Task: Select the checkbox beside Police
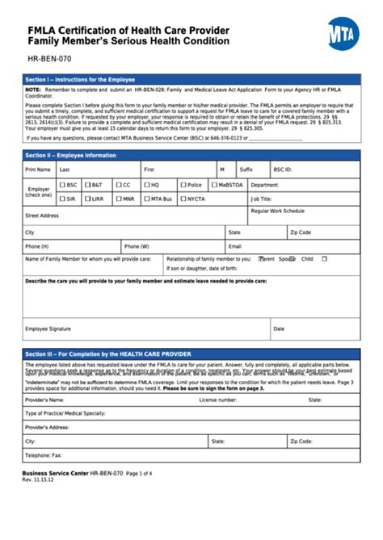click(183, 185)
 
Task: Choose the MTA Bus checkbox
click(147, 198)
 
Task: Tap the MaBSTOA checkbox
click(214, 185)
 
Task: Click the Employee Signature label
click(48, 329)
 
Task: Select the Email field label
click(235, 245)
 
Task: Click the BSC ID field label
click(283, 170)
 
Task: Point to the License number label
click(218, 399)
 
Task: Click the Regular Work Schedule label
click(277, 211)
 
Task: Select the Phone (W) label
click(136, 245)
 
